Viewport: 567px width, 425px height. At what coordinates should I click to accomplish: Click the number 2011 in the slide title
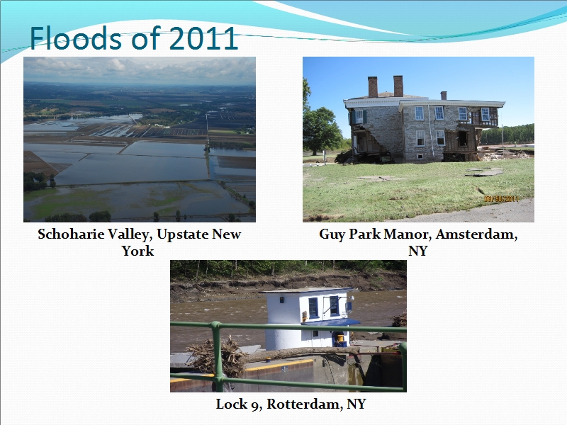(x=203, y=38)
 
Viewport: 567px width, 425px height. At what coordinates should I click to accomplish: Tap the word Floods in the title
(x=70, y=38)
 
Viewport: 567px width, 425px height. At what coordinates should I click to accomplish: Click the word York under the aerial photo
(x=137, y=251)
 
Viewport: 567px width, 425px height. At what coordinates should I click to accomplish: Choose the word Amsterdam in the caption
(x=476, y=234)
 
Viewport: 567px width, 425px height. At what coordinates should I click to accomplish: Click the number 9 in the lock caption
(x=256, y=404)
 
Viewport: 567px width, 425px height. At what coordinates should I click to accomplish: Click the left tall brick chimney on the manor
(x=373, y=86)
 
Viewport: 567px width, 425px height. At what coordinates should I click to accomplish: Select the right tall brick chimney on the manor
(x=398, y=86)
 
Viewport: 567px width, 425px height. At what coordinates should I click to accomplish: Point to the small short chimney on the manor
(x=444, y=96)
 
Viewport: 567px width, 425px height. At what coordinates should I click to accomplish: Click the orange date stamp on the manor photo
(x=501, y=199)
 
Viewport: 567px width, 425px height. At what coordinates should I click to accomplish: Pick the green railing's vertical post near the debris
(x=217, y=356)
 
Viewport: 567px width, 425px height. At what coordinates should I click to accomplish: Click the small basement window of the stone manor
(x=420, y=157)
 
